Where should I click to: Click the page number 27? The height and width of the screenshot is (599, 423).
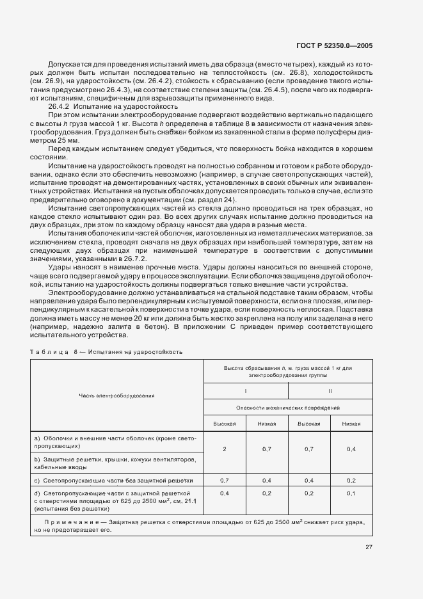(x=369, y=547)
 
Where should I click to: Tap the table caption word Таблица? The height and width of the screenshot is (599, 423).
(x=49, y=352)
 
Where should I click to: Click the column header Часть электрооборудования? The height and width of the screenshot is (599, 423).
(x=116, y=395)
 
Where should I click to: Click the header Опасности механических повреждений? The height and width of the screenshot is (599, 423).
(x=287, y=408)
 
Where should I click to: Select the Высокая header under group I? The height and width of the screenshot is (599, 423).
(x=225, y=424)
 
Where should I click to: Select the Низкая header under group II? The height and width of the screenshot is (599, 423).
(x=351, y=424)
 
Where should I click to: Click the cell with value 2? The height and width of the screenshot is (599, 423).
(x=225, y=449)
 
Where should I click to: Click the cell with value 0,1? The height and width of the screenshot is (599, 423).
(x=351, y=493)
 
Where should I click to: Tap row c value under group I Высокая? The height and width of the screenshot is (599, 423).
(x=225, y=479)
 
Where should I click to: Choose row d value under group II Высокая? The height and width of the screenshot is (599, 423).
(x=309, y=493)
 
